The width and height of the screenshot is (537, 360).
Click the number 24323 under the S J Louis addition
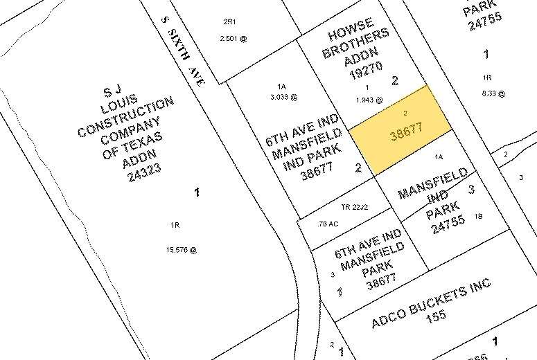[143, 177]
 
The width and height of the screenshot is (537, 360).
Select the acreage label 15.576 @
[182, 250]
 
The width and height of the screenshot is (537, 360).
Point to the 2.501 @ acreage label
[233, 38]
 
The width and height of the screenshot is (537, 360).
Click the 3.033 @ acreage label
[283, 98]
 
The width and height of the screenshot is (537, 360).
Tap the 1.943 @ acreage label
[369, 100]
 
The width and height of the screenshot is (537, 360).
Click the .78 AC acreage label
[327, 224]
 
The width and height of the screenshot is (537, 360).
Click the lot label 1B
[479, 216]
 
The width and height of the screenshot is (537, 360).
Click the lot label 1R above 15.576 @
[175, 224]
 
